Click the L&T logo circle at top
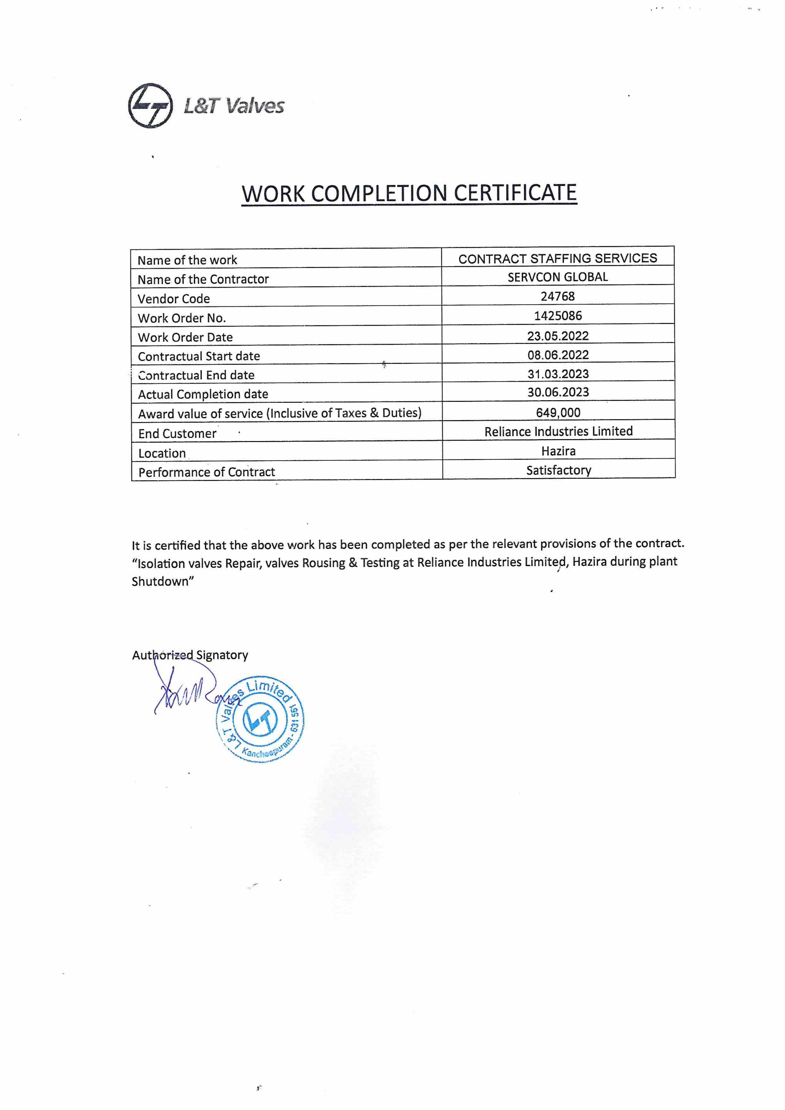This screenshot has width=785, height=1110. coord(150,106)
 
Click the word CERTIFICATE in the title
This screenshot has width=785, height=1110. coord(515,193)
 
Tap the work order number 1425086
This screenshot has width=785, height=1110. coord(558,316)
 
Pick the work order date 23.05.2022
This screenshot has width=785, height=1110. coord(558,335)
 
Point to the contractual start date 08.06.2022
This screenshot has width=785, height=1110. coord(558,355)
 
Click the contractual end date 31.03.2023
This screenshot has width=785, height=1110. coord(558,374)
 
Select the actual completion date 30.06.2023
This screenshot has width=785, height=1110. coord(558,392)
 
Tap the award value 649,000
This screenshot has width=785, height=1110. coord(558,412)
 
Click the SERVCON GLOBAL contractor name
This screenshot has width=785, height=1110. coord(558,277)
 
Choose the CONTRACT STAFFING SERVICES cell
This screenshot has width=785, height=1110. coord(558,259)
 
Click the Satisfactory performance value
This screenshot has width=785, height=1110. coord(559,470)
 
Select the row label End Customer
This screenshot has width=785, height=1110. coord(177,434)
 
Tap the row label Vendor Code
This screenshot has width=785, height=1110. coord(174,299)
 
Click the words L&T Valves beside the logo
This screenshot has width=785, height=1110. coord(234,106)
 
